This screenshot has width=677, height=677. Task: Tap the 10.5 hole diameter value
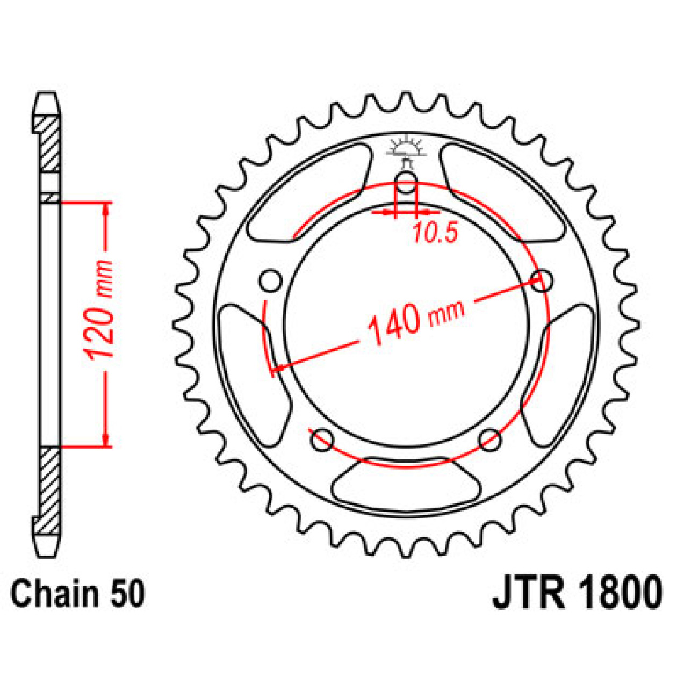[435, 233]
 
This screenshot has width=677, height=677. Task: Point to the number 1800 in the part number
[620, 592]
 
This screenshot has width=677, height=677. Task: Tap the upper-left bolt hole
[270, 280]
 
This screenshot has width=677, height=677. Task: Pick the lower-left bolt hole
[322, 440]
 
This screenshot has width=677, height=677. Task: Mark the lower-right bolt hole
[490, 440]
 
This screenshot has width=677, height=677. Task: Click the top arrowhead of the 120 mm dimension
[106, 210]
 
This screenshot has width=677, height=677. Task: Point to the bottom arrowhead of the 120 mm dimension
[106, 440]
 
